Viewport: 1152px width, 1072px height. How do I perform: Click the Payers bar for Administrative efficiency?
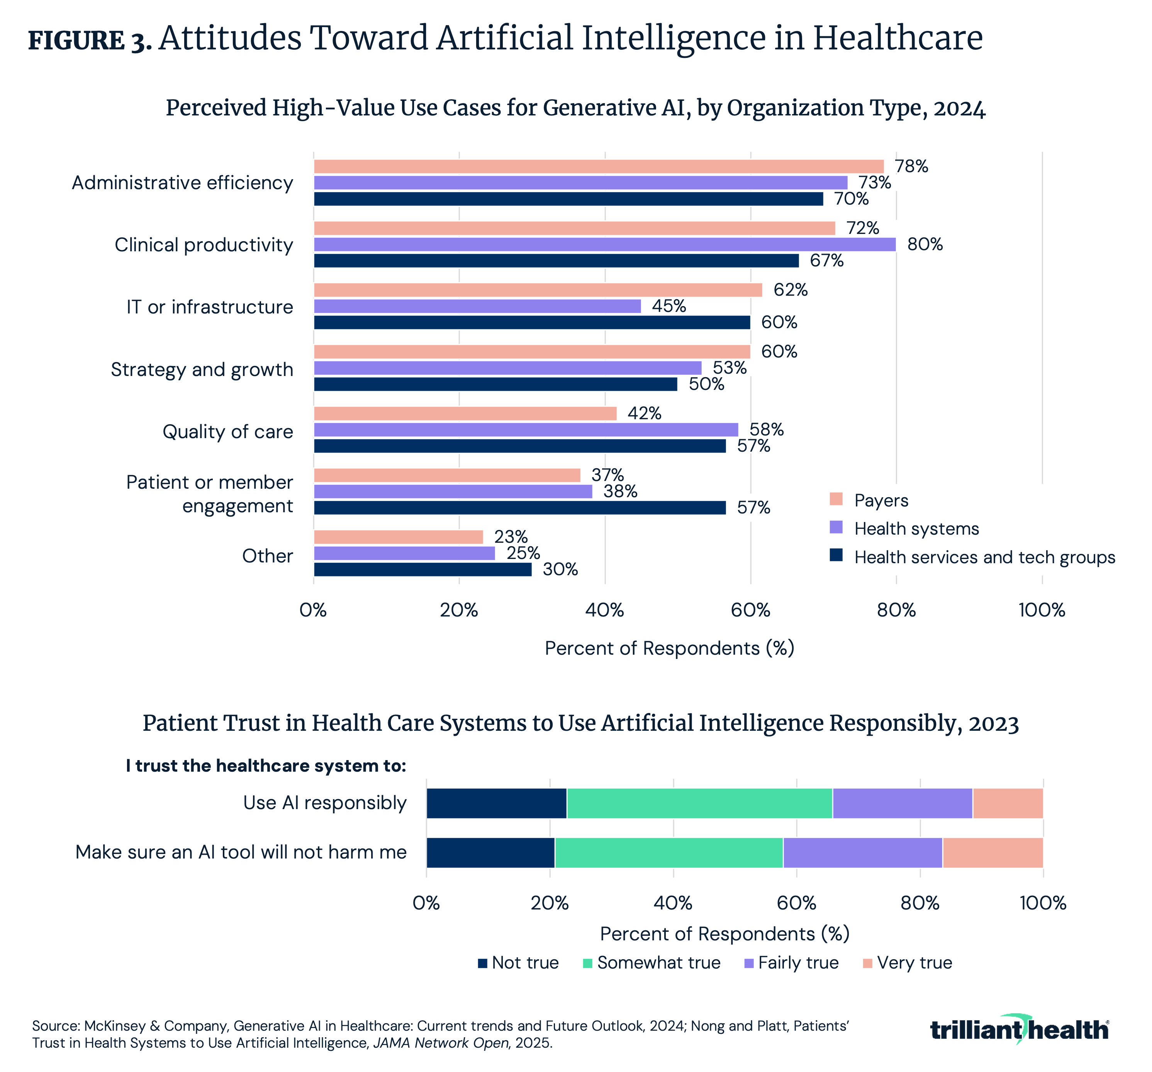pos(599,166)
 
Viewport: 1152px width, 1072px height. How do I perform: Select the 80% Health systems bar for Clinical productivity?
pos(604,244)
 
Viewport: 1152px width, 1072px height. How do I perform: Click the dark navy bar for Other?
pos(422,569)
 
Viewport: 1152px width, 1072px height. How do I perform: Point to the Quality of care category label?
pos(228,432)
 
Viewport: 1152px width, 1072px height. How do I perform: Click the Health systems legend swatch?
pos(836,527)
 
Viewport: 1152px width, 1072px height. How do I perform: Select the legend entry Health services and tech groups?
pos(984,557)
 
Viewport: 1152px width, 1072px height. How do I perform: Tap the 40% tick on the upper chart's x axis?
pos(604,610)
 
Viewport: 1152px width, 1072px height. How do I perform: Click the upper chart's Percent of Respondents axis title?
pos(669,648)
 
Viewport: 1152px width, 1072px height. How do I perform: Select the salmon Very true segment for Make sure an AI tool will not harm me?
pos(992,852)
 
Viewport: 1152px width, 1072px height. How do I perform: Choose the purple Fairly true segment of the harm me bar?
pos(862,852)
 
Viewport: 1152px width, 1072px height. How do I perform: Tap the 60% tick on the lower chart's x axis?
pos(796,903)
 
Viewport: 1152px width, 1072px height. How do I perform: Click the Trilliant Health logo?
pos(1019,1030)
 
